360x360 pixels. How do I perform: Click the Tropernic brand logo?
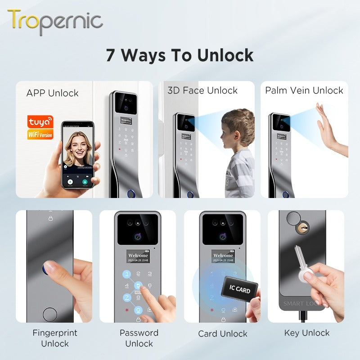pos(55,21)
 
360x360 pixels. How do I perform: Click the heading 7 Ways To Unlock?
pos(180,55)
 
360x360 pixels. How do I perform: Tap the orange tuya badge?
pos(40,122)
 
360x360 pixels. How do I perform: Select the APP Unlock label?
pos(52,93)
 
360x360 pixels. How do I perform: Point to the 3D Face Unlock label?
pos(202,90)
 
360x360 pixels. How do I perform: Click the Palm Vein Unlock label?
pos(304,90)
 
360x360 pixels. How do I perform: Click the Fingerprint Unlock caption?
pos(54,338)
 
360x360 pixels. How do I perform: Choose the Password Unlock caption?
pos(139,338)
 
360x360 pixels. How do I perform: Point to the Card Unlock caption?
pos(223,334)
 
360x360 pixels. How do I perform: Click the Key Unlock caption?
pos(307,333)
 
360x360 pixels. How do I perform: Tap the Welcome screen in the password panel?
pos(138,257)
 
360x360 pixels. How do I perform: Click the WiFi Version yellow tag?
pos(40,134)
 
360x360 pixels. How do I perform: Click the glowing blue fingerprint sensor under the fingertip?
pos(48,269)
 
